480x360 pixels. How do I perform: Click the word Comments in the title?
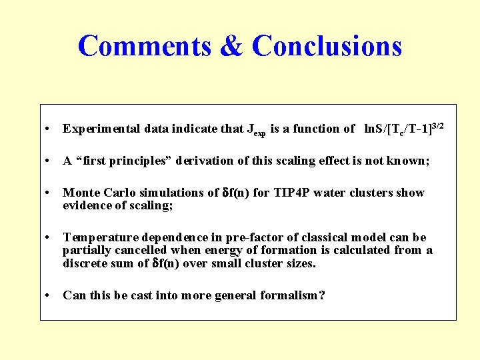(x=144, y=46)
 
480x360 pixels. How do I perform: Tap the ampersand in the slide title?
(x=231, y=46)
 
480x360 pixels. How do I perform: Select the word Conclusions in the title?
(x=327, y=46)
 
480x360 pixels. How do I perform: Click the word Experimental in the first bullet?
(x=97, y=129)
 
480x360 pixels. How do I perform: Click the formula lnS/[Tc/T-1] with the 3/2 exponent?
(x=400, y=128)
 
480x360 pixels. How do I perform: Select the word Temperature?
(x=97, y=238)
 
